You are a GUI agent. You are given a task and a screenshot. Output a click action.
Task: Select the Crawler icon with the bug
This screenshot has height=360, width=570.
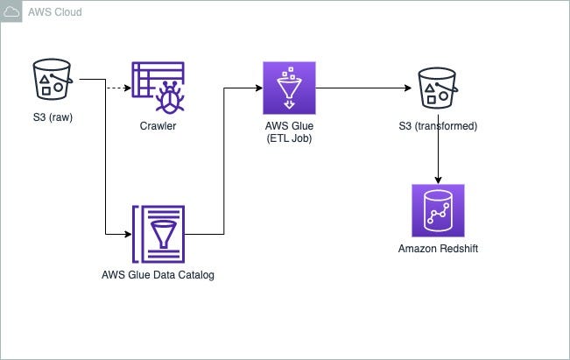(158, 88)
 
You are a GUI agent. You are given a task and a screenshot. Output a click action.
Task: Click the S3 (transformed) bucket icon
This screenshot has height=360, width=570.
(438, 88)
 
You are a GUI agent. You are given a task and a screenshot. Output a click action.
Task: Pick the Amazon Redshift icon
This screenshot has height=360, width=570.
(438, 210)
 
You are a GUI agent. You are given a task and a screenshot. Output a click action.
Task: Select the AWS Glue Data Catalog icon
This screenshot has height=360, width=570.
(158, 234)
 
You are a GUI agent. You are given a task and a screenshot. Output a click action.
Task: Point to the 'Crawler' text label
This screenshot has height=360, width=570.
(158, 126)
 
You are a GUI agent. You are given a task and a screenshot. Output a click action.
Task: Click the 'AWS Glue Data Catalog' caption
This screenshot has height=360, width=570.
(158, 275)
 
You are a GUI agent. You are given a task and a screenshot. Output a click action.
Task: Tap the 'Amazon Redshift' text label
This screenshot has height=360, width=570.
(438, 249)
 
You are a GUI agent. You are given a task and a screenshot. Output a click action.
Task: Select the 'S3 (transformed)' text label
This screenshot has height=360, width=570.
(438, 126)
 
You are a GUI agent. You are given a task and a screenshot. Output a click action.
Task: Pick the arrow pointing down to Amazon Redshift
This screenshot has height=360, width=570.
(438, 158)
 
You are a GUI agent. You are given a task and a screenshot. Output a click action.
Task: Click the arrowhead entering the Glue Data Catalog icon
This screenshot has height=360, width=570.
(126, 234)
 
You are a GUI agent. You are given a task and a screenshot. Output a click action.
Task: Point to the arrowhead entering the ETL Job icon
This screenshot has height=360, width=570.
(258, 88)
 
